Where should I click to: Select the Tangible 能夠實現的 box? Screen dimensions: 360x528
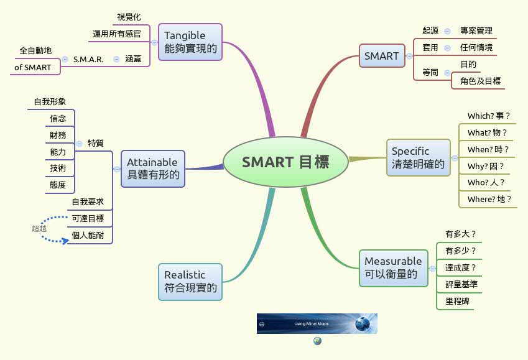coord(190,42)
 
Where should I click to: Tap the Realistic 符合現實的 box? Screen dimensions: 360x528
coord(190,282)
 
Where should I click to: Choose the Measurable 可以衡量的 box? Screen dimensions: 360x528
coord(393,267)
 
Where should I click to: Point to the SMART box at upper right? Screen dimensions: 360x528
coord(381,56)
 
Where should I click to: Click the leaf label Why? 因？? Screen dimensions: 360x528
coord(486,166)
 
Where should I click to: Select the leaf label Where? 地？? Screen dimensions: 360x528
coord(489,199)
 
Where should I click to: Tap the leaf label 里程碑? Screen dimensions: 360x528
coord(457,301)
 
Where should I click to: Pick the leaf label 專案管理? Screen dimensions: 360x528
coord(476,30)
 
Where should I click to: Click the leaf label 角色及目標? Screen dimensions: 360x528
coord(480,81)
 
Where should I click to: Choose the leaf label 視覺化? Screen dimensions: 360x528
coord(129,17)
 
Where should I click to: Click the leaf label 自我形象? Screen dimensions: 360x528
coord(50,101)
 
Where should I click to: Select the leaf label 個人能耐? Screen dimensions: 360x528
coord(88,235)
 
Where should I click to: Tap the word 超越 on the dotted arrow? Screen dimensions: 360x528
coord(39,228)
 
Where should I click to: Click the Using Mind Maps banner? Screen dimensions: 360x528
coord(317,324)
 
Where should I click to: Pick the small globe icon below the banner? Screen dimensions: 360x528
coord(317,341)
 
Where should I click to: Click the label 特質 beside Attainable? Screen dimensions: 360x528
coord(96,142)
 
